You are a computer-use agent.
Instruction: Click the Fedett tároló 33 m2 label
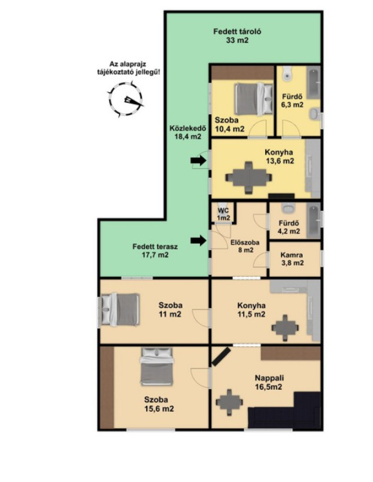(x=237, y=36)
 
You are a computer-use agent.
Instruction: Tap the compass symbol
(x=126, y=99)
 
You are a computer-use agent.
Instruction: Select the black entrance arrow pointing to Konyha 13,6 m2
(x=198, y=160)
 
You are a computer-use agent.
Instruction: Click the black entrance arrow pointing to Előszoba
(x=198, y=240)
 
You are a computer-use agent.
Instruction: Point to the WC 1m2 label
(x=223, y=214)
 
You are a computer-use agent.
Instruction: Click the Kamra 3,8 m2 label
(x=292, y=259)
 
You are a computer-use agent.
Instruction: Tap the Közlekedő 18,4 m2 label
(x=188, y=132)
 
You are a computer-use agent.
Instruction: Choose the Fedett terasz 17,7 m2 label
(x=155, y=250)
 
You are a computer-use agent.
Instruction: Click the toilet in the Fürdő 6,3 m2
(x=287, y=75)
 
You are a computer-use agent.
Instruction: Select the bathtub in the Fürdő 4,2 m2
(x=313, y=220)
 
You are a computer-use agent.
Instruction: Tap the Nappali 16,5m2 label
(x=269, y=382)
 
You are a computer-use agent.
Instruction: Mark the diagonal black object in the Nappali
(x=221, y=357)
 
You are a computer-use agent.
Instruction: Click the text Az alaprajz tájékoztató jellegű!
(x=128, y=68)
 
